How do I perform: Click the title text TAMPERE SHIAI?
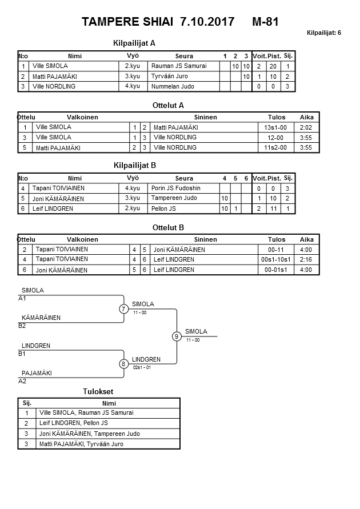[128, 22]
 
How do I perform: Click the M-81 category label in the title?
[265, 22]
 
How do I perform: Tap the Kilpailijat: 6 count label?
[324, 33]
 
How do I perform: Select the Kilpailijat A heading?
[135, 43]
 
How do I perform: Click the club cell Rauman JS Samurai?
[178, 66]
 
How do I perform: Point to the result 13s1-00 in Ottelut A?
[275, 127]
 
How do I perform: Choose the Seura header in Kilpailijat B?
[184, 178]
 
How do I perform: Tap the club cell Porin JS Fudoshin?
[176, 188]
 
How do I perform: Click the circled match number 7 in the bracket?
[123, 309]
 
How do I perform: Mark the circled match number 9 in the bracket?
[177, 336]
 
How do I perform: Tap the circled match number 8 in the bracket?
[123, 364]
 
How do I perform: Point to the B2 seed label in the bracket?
[22, 326]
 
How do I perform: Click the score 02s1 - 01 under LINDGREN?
[142, 367]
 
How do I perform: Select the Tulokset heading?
[99, 391]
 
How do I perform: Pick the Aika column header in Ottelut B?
[307, 239]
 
